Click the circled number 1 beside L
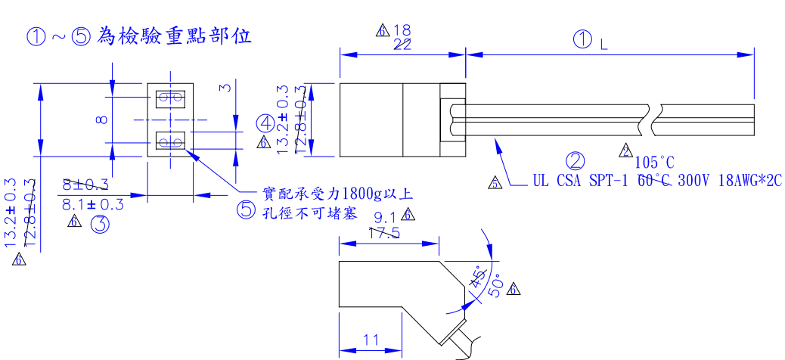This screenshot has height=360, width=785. point(583,42)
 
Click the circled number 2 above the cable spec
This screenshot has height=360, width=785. point(576,161)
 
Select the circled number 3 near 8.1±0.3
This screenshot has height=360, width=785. point(100,224)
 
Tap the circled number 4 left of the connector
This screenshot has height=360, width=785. point(265,123)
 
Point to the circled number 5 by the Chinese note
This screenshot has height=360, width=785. point(247,211)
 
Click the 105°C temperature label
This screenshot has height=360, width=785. point(654,162)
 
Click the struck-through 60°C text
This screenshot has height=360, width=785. point(655,181)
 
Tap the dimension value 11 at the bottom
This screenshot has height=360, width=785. point(370,340)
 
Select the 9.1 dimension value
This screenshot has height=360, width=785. point(386,219)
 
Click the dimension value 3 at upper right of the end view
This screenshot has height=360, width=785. point(224,88)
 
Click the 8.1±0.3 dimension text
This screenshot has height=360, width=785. point(92,204)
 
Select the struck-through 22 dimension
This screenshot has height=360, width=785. point(402,45)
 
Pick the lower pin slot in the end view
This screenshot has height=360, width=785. point(169,141)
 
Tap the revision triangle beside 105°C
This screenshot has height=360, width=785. point(626,151)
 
